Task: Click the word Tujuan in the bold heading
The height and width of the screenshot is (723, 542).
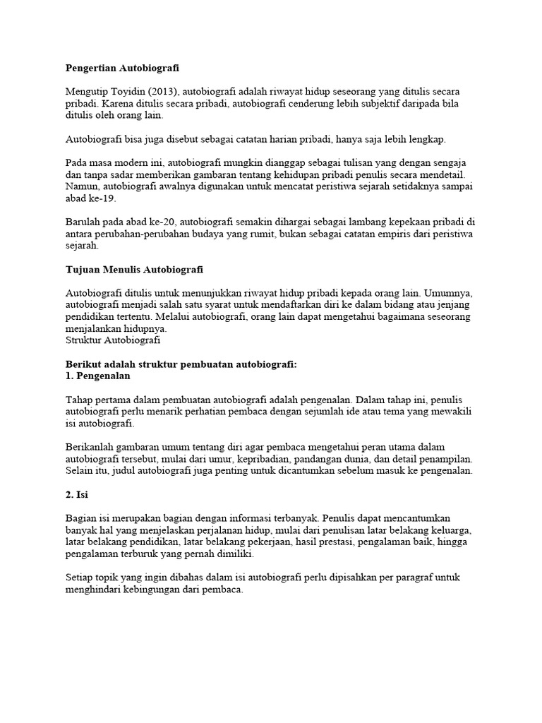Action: click(83, 270)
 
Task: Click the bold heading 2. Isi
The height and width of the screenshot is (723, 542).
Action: click(76, 495)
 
